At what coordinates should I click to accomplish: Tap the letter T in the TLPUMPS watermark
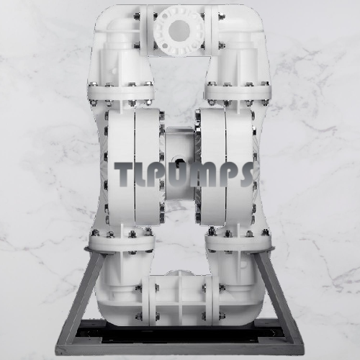coord(124,174)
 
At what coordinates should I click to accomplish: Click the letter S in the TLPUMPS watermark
coord(243,174)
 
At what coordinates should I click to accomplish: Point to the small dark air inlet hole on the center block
coord(178,163)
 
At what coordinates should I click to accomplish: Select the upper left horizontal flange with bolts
coord(121,93)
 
